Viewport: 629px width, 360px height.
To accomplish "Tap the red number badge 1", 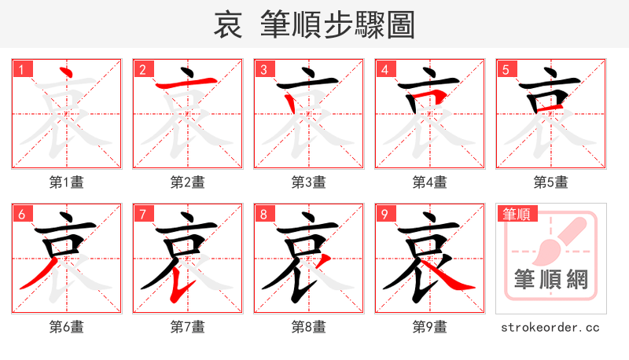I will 21,70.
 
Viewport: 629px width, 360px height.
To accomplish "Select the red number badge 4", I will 384,70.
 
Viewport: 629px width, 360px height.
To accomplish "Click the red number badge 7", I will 142,215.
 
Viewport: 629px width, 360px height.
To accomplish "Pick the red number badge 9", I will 384,215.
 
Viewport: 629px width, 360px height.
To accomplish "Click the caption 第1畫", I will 67,182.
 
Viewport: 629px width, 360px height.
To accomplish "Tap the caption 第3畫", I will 309,182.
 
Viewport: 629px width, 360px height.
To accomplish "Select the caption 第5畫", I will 551,182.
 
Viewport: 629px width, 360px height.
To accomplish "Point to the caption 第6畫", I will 67,326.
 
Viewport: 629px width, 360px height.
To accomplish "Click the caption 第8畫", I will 309,326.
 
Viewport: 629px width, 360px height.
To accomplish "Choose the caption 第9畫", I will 430,326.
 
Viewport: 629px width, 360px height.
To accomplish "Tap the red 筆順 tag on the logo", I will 516,214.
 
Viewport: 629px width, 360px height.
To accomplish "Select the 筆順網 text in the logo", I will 551,280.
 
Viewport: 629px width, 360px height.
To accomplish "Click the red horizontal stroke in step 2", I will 186,83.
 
